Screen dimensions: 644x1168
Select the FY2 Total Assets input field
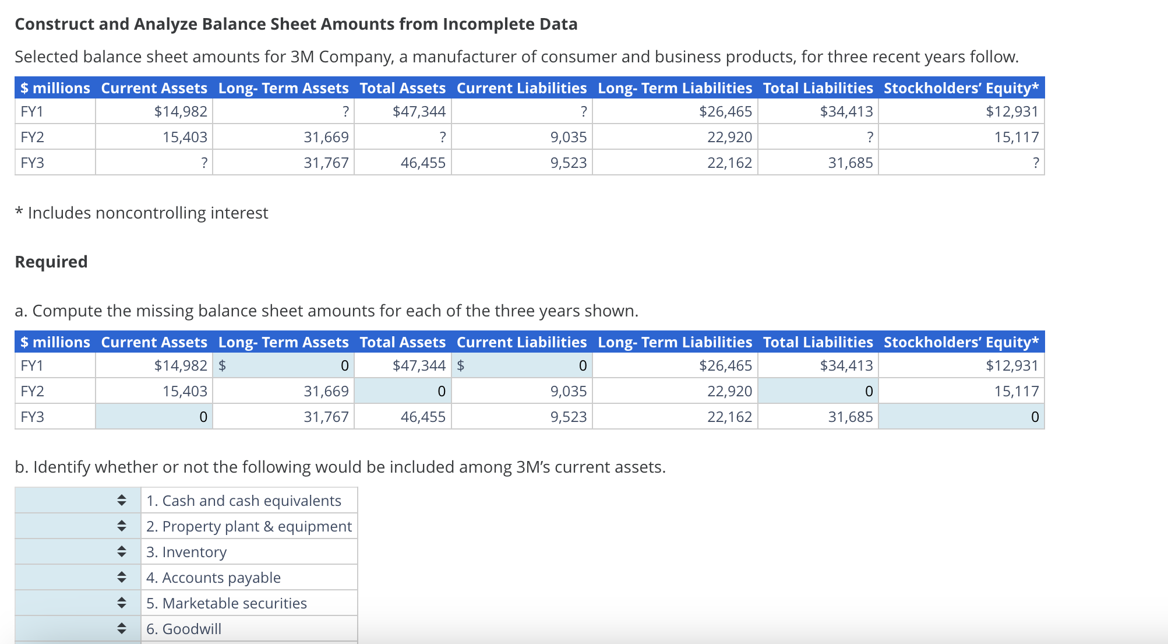[x=403, y=391]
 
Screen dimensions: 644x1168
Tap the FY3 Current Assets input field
[x=154, y=417]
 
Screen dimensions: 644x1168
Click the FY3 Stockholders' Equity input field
[x=961, y=417]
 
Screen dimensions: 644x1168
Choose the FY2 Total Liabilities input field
[x=818, y=391]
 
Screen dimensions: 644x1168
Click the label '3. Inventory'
[x=186, y=552]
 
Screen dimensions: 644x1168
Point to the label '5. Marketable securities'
[x=227, y=603]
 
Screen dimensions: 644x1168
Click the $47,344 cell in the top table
[x=419, y=111]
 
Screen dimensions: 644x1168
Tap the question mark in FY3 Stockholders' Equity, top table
[x=1035, y=163]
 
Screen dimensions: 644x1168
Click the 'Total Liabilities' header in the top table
[x=818, y=88]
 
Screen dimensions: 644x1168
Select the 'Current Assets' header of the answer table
[x=154, y=342]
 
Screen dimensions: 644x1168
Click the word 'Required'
[x=51, y=262]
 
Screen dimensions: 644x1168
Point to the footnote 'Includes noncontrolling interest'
[x=147, y=213]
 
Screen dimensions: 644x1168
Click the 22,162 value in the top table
[x=729, y=163]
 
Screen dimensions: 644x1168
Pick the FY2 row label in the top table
[x=33, y=137]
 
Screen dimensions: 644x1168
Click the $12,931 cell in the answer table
[x=1012, y=365]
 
